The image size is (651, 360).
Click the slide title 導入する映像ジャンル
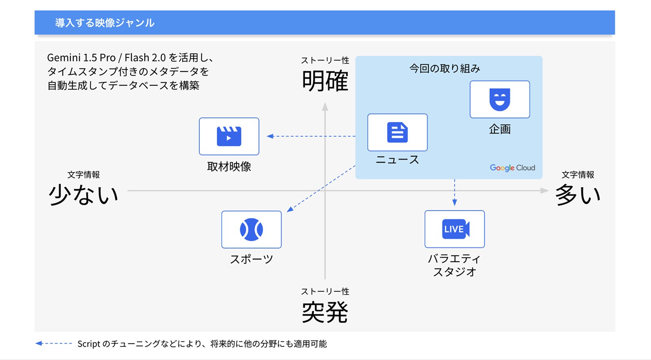(105, 23)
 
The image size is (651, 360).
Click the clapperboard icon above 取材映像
(229, 136)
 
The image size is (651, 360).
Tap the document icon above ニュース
(397, 132)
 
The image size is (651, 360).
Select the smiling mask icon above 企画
(500, 99)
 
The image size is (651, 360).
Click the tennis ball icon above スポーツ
(251, 229)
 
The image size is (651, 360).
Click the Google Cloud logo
(512, 168)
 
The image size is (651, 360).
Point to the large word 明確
(325, 81)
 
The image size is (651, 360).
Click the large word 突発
(325, 312)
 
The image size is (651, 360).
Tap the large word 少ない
(83, 194)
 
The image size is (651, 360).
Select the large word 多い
(578, 194)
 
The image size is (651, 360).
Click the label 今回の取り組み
(445, 68)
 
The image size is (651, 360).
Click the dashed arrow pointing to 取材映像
(311, 136)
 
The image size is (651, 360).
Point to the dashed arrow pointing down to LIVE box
(454, 192)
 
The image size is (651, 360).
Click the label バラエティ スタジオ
(454, 265)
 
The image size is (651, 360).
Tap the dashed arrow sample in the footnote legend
(54, 344)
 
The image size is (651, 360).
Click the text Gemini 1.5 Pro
(81, 58)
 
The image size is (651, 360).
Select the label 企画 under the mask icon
(500, 129)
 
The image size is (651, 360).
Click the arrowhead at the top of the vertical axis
(325, 107)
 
